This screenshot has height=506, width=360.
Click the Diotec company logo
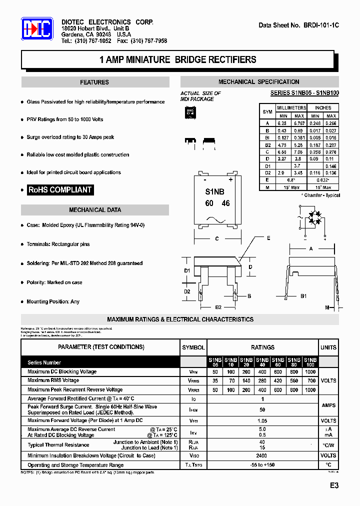tap(36, 29)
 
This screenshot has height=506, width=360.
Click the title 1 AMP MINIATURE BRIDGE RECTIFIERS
tap(178, 60)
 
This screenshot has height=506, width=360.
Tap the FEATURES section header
tap(94, 82)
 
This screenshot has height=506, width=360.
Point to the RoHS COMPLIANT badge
tap(60, 190)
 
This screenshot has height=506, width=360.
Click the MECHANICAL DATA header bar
tap(95, 210)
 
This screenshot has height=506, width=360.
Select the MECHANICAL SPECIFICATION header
tap(259, 82)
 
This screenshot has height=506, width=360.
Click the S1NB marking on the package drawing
tap(215, 191)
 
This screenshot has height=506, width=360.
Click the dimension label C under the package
tap(217, 239)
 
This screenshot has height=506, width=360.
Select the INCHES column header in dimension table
tap(323, 108)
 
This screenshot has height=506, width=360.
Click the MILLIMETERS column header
tap(291, 108)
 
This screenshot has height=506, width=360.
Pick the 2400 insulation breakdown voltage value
tap(262, 456)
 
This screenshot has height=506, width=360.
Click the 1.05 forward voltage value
tap(262, 421)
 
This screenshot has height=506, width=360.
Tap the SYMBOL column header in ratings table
tap(193, 347)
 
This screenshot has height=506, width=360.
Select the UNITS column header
tap(328, 347)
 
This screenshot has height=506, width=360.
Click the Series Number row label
tap(44, 362)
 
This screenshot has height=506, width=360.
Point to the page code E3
tap(334, 485)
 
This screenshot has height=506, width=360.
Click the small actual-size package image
tap(190, 113)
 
